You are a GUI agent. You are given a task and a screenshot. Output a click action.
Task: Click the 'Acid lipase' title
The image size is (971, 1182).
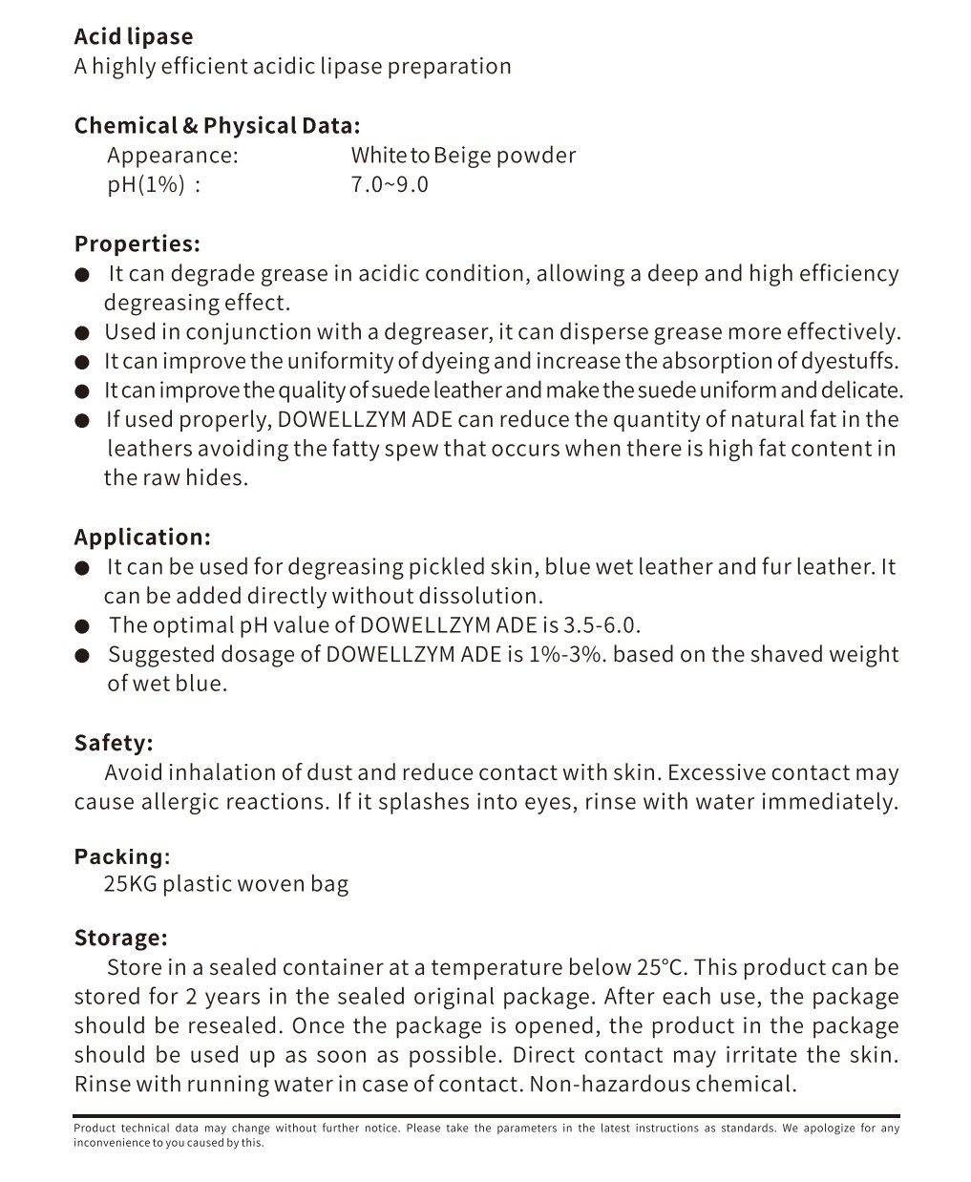tap(134, 36)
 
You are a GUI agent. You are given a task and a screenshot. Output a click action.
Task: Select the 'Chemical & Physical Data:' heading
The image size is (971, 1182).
tap(217, 125)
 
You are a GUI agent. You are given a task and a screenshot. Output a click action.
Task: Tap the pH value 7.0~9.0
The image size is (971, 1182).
tap(390, 184)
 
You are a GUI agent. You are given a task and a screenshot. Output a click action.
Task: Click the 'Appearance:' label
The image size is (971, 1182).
tap(173, 155)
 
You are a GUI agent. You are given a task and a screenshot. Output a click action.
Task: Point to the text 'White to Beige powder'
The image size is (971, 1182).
tap(463, 155)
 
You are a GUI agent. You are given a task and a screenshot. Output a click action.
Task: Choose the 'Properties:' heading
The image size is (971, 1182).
tap(137, 243)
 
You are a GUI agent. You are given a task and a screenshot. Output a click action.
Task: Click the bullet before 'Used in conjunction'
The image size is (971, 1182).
tap(84, 333)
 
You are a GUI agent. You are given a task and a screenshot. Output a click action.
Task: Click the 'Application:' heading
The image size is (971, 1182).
tap(142, 537)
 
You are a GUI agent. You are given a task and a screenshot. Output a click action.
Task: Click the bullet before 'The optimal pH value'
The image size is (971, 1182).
tap(84, 627)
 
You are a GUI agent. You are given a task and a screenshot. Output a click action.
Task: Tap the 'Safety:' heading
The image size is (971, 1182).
tap(114, 743)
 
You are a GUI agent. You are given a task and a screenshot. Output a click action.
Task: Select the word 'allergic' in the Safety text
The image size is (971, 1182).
tap(180, 801)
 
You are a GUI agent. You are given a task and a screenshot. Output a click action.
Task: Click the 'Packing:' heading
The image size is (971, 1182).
tap(122, 855)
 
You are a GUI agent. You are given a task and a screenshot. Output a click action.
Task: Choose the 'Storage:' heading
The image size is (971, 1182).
tap(121, 938)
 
